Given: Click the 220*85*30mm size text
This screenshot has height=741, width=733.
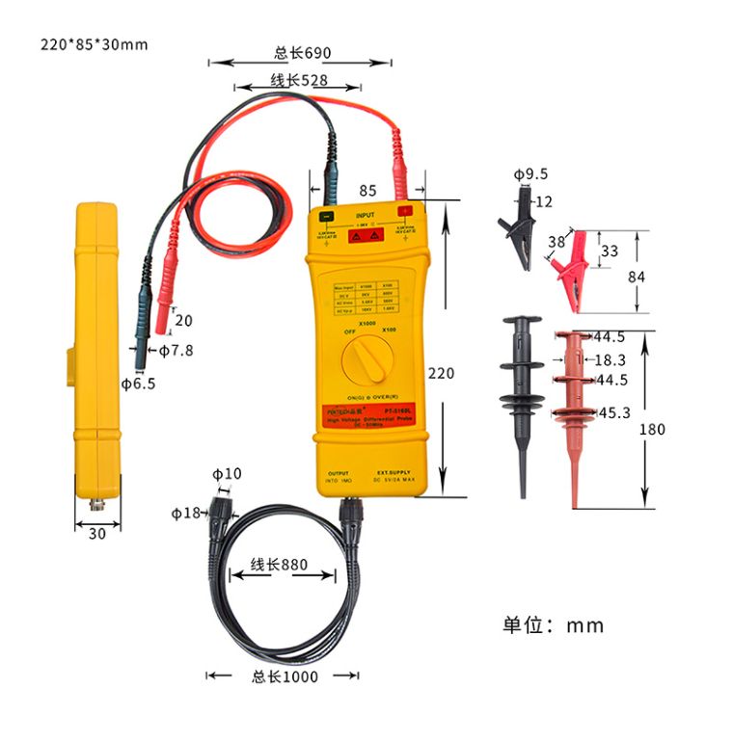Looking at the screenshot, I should [95, 44].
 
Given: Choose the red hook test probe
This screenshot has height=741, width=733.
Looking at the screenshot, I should [571, 405].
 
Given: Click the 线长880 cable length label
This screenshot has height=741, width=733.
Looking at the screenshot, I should [279, 565].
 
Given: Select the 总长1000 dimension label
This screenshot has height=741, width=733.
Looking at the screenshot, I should [285, 676].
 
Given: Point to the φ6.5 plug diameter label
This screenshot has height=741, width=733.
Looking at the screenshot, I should [138, 384].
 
